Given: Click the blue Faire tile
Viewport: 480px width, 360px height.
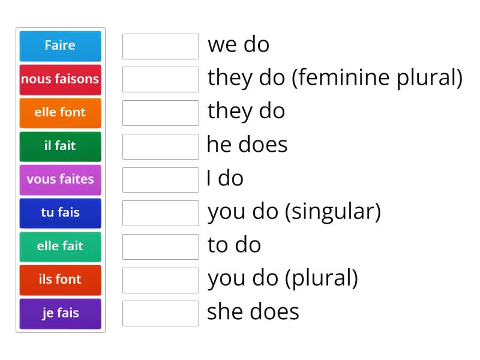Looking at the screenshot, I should tap(60, 46).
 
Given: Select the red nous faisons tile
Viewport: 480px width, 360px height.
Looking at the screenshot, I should tap(60, 79).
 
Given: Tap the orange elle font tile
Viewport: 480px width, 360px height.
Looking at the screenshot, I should tap(60, 112).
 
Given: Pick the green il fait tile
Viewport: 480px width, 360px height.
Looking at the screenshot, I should tap(60, 146).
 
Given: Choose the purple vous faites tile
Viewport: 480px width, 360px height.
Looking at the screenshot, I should tap(60, 179).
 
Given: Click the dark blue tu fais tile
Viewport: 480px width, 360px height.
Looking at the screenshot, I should tap(60, 213).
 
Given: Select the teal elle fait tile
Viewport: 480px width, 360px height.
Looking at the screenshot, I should tap(60, 246).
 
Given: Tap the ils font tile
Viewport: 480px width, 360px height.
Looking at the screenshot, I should tap(60, 280).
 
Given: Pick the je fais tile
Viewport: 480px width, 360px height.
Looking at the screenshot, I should tap(60, 313).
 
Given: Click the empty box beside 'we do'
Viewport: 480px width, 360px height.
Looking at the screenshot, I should tap(160, 46).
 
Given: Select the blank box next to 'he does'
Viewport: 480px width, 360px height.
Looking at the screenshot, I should tap(160, 146).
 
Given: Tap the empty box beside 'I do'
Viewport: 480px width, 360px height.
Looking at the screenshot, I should tap(160, 180).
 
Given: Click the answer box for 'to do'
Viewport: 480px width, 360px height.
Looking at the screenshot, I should tap(160, 247).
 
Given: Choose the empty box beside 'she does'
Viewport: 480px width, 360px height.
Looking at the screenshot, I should tap(160, 313).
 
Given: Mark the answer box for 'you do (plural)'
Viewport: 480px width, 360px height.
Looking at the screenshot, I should tap(160, 280).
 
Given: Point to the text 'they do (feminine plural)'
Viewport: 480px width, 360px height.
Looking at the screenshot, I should tap(335, 78).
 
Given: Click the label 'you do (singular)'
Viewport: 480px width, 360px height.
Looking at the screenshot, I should tap(294, 212).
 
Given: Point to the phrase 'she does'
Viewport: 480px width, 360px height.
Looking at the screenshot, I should tap(253, 312).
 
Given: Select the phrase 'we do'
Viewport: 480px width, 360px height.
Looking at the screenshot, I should tap(238, 45).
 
